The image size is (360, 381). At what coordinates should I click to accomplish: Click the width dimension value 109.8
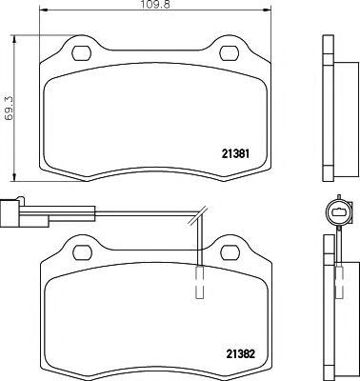[x=156, y=7]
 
